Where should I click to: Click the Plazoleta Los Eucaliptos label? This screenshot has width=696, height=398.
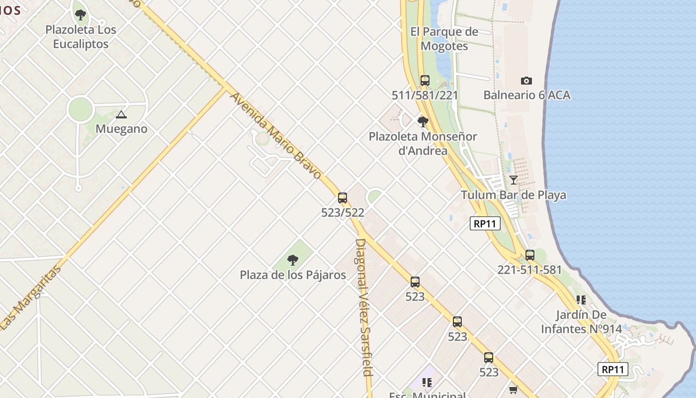pyautogui.click(x=81, y=37)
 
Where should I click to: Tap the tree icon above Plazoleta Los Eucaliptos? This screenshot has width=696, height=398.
pyautogui.click(x=81, y=15)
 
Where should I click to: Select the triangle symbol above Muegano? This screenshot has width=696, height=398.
pyautogui.click(x=121, y=115)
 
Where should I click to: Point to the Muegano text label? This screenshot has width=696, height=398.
pyautogui.click(x=121, y=129)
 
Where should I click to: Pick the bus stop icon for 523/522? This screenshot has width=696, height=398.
pyautogui.click(x=343, y=198)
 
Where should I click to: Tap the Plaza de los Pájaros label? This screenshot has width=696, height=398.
pyautogui.click(x=293, y=275)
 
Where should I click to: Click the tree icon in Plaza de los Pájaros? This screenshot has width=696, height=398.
pyautogui.click(x=293, y=260)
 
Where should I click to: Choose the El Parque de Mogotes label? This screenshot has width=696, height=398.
pyautogui.click(x=444, y=39)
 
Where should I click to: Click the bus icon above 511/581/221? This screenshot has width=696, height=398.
pyautogui.click(x=425, y=81)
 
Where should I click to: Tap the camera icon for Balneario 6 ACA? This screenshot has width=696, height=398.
pyautogui.click(x=526, y=81)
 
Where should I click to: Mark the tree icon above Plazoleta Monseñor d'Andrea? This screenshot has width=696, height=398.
pyautogui.click(x=423, y=121)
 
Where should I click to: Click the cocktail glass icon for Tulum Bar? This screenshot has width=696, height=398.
pyautogui.click(x=514, y=180)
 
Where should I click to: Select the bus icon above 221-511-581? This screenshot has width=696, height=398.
pyautogui.click(x=530, y=255)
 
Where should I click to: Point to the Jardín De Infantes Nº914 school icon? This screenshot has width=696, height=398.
pyautogui.click(x=581, y=300)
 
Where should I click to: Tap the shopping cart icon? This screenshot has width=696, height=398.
pyautogui.click(x=514, y=390)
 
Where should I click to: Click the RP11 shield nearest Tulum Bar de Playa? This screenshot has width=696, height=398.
pyautogui.click(x=485, y=224)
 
